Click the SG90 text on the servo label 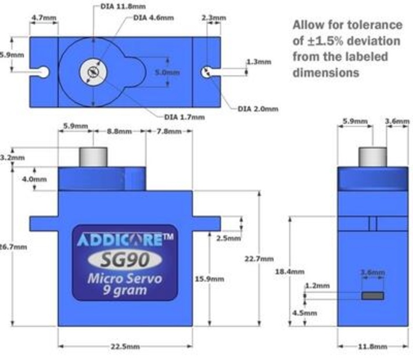(x=124, y=257)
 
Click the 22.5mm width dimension (x=124, y=347)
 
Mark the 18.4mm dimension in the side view (x=289, y=271)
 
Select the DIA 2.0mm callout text (x=258, y=108)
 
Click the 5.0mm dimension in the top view (x=168, y=73)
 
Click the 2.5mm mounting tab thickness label (x=228, y=238)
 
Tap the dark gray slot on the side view (x=372, y=296)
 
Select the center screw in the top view (x=92, y=72)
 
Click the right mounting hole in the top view (x=205, y=71)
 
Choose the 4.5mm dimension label (x=305, y=313)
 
